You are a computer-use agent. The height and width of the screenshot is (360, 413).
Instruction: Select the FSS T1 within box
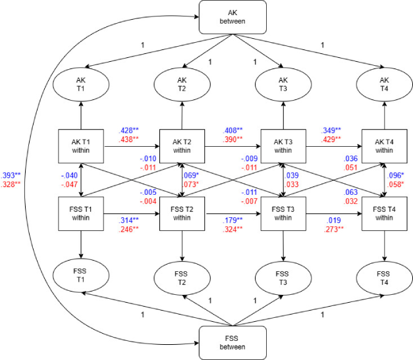pyautogui.click(x=80, y=214)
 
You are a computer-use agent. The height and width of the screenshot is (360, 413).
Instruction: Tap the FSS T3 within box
pyautogui.click(x=283, y=214)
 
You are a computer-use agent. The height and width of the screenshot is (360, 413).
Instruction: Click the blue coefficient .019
pyautogui.click(x=333, y=220)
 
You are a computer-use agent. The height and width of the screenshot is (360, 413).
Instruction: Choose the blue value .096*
pyautogui.click(x=395, y=176)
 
